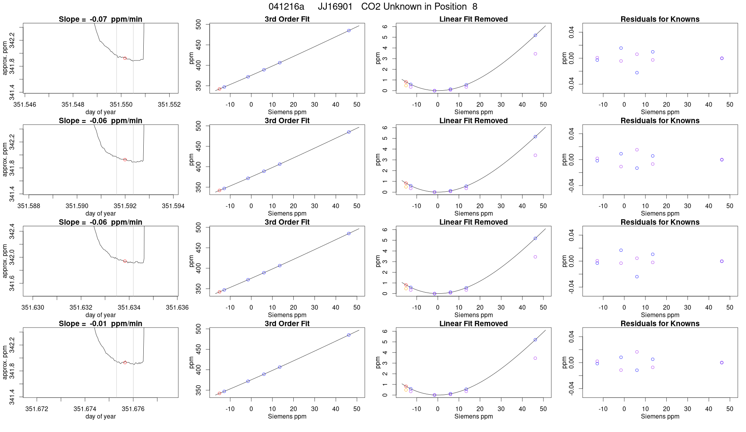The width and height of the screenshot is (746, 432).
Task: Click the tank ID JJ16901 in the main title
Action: (335, 7)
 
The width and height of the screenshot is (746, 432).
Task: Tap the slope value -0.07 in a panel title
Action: (98, 19)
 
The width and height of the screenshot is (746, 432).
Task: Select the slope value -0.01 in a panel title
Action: (98, 324)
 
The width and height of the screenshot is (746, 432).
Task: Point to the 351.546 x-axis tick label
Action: (25, 104)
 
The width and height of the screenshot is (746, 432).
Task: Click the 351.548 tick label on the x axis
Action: (73, 104)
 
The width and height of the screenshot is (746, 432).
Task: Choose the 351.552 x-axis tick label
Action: (169, 104)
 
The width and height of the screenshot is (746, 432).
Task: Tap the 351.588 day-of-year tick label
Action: (29, 206)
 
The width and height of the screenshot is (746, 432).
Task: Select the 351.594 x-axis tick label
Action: (173, 206)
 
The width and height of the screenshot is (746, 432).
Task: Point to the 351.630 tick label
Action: (33, 308)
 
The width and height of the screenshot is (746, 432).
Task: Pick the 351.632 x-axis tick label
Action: (81, 308)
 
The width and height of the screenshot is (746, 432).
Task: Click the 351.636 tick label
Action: (177, 308)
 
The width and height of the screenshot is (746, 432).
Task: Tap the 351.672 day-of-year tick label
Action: (37, 409)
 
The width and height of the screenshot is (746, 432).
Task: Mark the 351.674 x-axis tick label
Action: (85, 409)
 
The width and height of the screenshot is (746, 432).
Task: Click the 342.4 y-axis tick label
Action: (12, 231)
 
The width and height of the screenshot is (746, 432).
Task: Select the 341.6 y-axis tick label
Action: (12, 283)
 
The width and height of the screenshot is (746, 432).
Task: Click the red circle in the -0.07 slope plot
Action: (125, 58)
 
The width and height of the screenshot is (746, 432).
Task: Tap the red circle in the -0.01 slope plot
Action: (125, 362)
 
